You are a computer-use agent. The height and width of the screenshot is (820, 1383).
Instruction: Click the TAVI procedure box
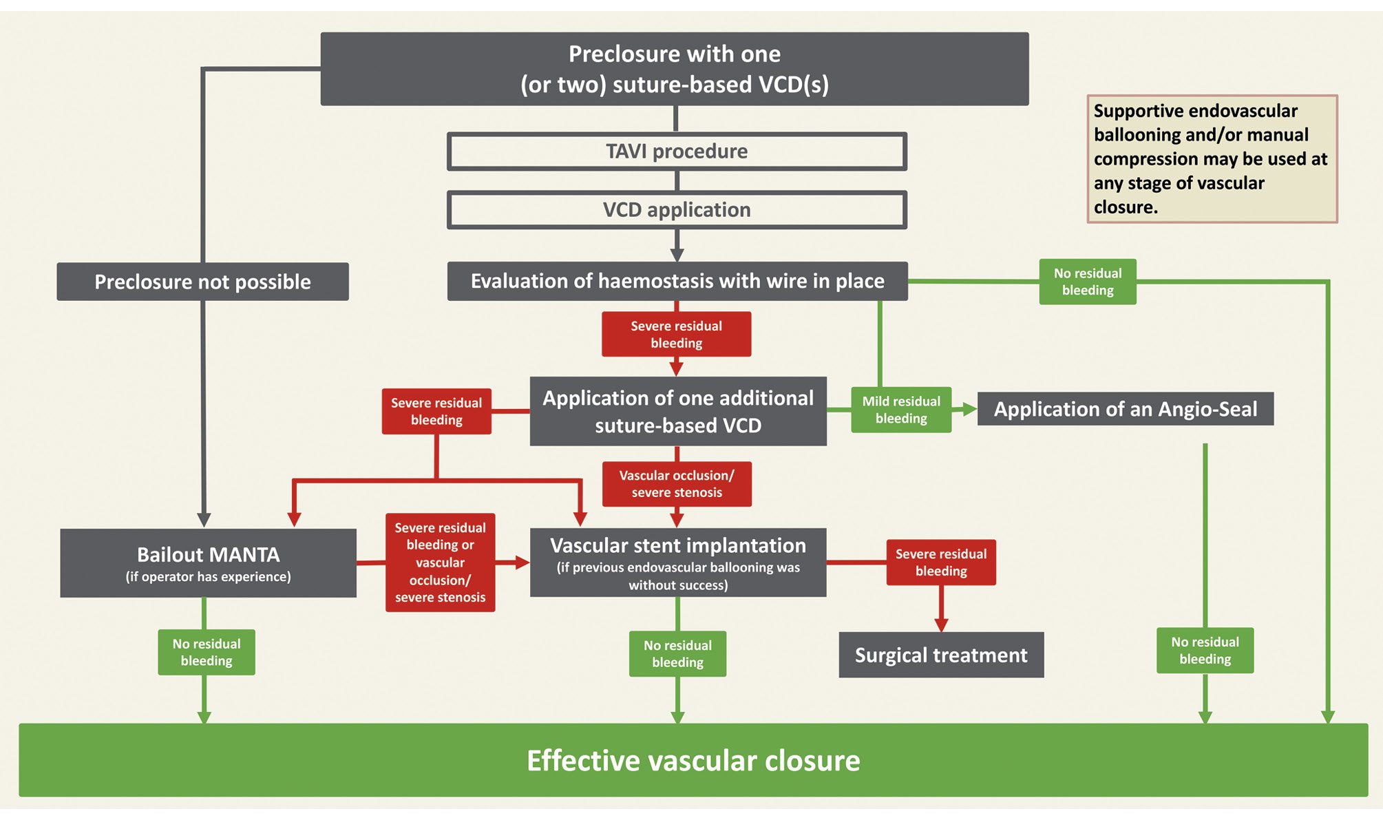click(677, 151)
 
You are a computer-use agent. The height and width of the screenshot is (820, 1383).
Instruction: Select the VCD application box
click(677, 210)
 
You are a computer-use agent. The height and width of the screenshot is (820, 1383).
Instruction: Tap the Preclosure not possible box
click(202, 282)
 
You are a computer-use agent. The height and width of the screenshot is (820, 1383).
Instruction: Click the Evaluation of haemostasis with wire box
click(677, 281)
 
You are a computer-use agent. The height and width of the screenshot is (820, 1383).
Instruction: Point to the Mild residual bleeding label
click(901, 410)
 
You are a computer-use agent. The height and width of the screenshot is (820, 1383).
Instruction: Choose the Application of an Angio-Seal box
click(1126, 409)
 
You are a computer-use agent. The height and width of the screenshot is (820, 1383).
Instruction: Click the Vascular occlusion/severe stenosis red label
click(677, 484)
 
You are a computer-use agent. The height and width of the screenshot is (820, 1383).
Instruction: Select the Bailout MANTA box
click(208, 563)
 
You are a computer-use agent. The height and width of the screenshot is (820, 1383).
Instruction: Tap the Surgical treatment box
click(941, 655)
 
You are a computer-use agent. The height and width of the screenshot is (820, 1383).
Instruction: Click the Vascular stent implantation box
click(678, 563)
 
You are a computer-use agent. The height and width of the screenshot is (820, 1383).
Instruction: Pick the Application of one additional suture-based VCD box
click(678, 411)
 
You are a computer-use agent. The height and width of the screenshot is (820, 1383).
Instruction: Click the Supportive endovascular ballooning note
click(1212, 159)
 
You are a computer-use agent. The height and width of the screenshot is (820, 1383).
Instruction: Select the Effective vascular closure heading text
click(693, 761)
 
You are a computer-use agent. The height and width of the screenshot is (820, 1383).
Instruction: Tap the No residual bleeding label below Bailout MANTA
click(207, 652)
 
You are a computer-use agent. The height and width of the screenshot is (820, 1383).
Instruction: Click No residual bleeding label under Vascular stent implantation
click(677, 653)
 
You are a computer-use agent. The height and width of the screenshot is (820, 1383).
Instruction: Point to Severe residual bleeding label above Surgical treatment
click(941, 563)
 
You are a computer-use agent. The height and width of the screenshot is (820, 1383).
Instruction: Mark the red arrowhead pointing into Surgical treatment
click(941, 624)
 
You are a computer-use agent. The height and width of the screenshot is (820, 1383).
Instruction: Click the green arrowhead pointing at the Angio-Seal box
click(969, 409)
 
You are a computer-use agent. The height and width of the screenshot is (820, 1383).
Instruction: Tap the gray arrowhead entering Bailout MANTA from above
click(204, 520)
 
